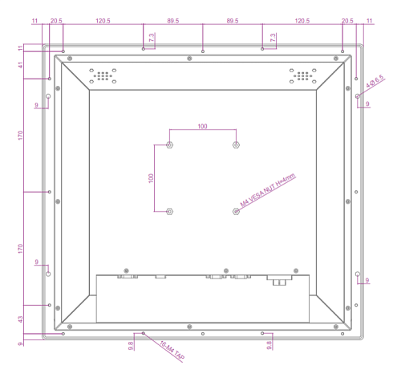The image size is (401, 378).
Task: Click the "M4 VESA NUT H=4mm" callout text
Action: pyautogui.click(x=268, y=190)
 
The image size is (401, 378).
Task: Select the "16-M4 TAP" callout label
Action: pyautogui.click(x=172, y=350)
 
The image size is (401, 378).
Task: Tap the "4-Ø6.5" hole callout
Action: pyautogui.click(x=375, y=82)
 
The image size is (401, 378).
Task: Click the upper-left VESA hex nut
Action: pyautogui.click(x=169, y=145)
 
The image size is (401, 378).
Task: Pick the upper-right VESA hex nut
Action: pyautogui.click(x=236, y=145)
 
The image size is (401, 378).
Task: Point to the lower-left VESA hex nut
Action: pyautogui.click(x=169, y=212)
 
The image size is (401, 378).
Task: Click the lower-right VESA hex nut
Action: pyautogui.click(x=236, y=212)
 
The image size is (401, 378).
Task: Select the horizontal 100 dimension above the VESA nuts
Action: pyautogui.click(x=202, y=126)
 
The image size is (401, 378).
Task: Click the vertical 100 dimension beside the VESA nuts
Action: pyautogui.click(x=151, y=178)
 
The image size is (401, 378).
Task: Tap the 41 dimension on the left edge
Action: pyautogui.click(x=21, y=65)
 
